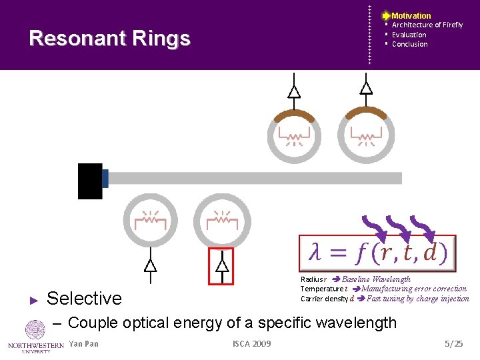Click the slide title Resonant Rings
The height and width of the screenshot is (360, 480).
(110, 38)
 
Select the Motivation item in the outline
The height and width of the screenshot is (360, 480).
(411, 15)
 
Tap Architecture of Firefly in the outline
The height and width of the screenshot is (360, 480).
(427, 25)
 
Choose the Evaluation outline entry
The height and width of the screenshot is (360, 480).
(409, 35)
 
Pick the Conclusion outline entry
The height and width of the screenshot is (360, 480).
(409, 44)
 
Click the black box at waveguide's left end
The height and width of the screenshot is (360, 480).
(90, 181)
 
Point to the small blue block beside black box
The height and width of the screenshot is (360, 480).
(105, 178)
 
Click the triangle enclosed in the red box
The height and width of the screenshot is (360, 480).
(222, 265)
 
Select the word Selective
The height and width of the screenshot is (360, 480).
(84, 298)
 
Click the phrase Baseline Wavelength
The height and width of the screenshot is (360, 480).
(376, 279)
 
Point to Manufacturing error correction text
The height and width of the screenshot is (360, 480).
(413, 289)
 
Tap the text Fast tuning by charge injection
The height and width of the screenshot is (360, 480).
(417, 299)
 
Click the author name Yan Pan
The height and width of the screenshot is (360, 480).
(83, 344)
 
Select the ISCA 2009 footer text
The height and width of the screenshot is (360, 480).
(251, 344)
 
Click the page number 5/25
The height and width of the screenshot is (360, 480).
(453, 344)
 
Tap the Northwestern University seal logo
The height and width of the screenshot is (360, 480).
(35, 330)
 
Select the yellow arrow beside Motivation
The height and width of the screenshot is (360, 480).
(386, 15)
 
